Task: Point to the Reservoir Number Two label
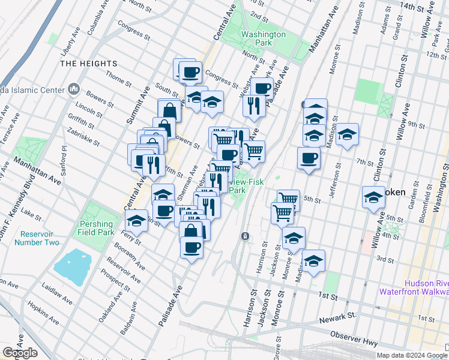(x=40, y=238)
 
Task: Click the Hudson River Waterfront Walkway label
(x=414, y=287)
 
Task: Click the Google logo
(x=20, y=353)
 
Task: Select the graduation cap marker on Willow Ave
(x=373, y=197)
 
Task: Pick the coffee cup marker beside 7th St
(x=309, y=158)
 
